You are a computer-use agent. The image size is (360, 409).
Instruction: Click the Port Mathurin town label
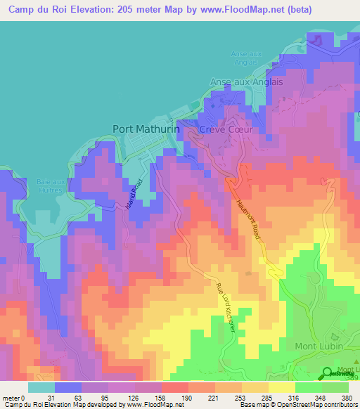click(146, 129)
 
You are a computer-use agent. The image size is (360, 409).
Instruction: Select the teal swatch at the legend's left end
click(41, 387)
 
